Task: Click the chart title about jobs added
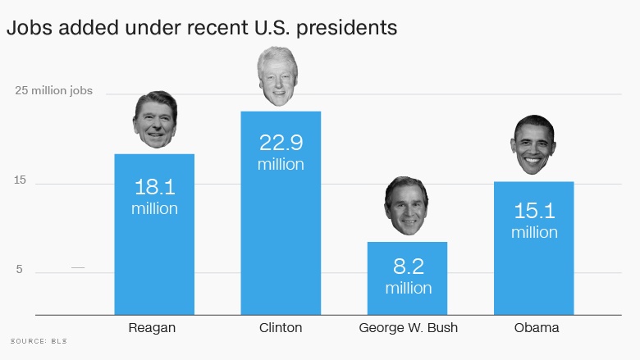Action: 202,28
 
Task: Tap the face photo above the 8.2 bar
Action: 406,205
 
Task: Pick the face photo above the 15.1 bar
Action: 534,144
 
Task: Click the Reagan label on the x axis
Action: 153,328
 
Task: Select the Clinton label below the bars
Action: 281,328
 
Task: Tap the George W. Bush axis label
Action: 408,328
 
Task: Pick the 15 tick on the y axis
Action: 20,180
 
